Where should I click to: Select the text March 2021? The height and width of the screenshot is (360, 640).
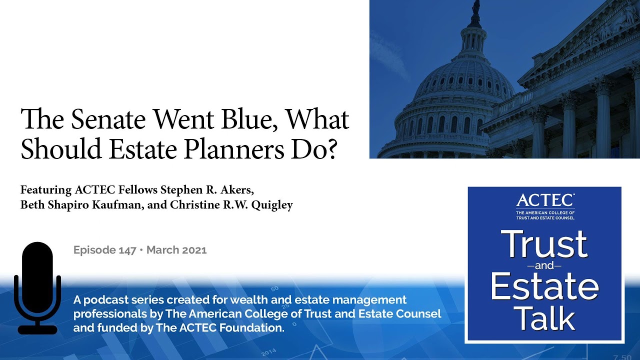point(176,250)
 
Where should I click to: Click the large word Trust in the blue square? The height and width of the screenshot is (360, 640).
point(544,244)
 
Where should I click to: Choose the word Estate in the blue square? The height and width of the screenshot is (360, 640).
point(544,286)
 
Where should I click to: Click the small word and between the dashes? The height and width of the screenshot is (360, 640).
point(544,265)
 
